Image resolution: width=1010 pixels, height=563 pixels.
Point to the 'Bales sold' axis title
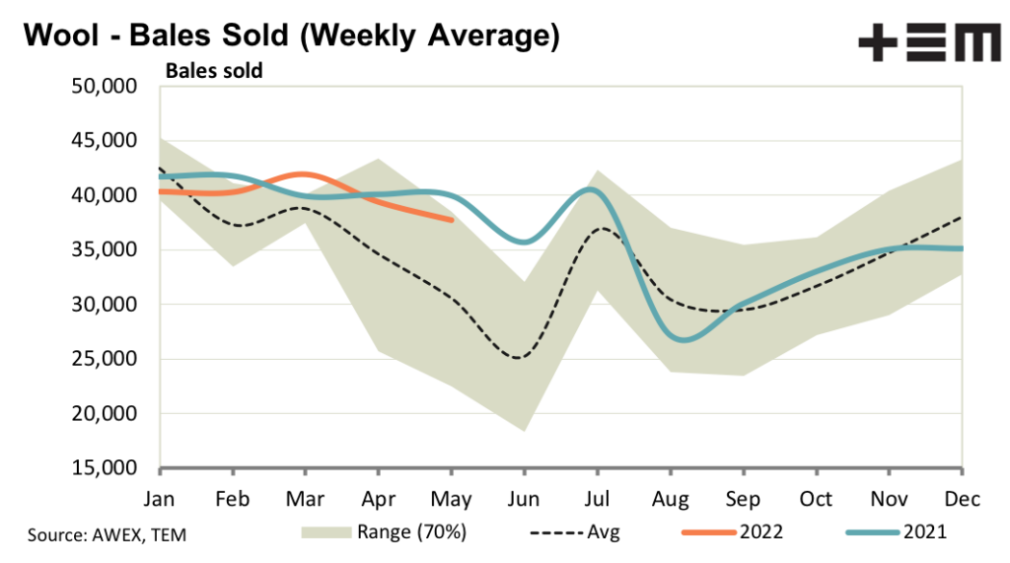click(x=213, y=71)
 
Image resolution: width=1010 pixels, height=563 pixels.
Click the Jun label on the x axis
click(x=524, y=498)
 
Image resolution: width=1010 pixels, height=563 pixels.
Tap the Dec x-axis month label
click(x=962, y=498)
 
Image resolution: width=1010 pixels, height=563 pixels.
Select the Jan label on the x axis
click(x=160, y=498)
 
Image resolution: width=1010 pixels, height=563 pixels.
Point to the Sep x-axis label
click(x=743, y=498)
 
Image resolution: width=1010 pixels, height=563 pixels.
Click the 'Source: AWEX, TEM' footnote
click(x=107, y=534)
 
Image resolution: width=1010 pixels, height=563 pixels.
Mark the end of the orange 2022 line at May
click(x=452, y=220)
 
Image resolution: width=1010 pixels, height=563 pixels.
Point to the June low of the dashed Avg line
click(x=518, y=357)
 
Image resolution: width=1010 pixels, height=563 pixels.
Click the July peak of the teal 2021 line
click(x=591, y=189)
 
